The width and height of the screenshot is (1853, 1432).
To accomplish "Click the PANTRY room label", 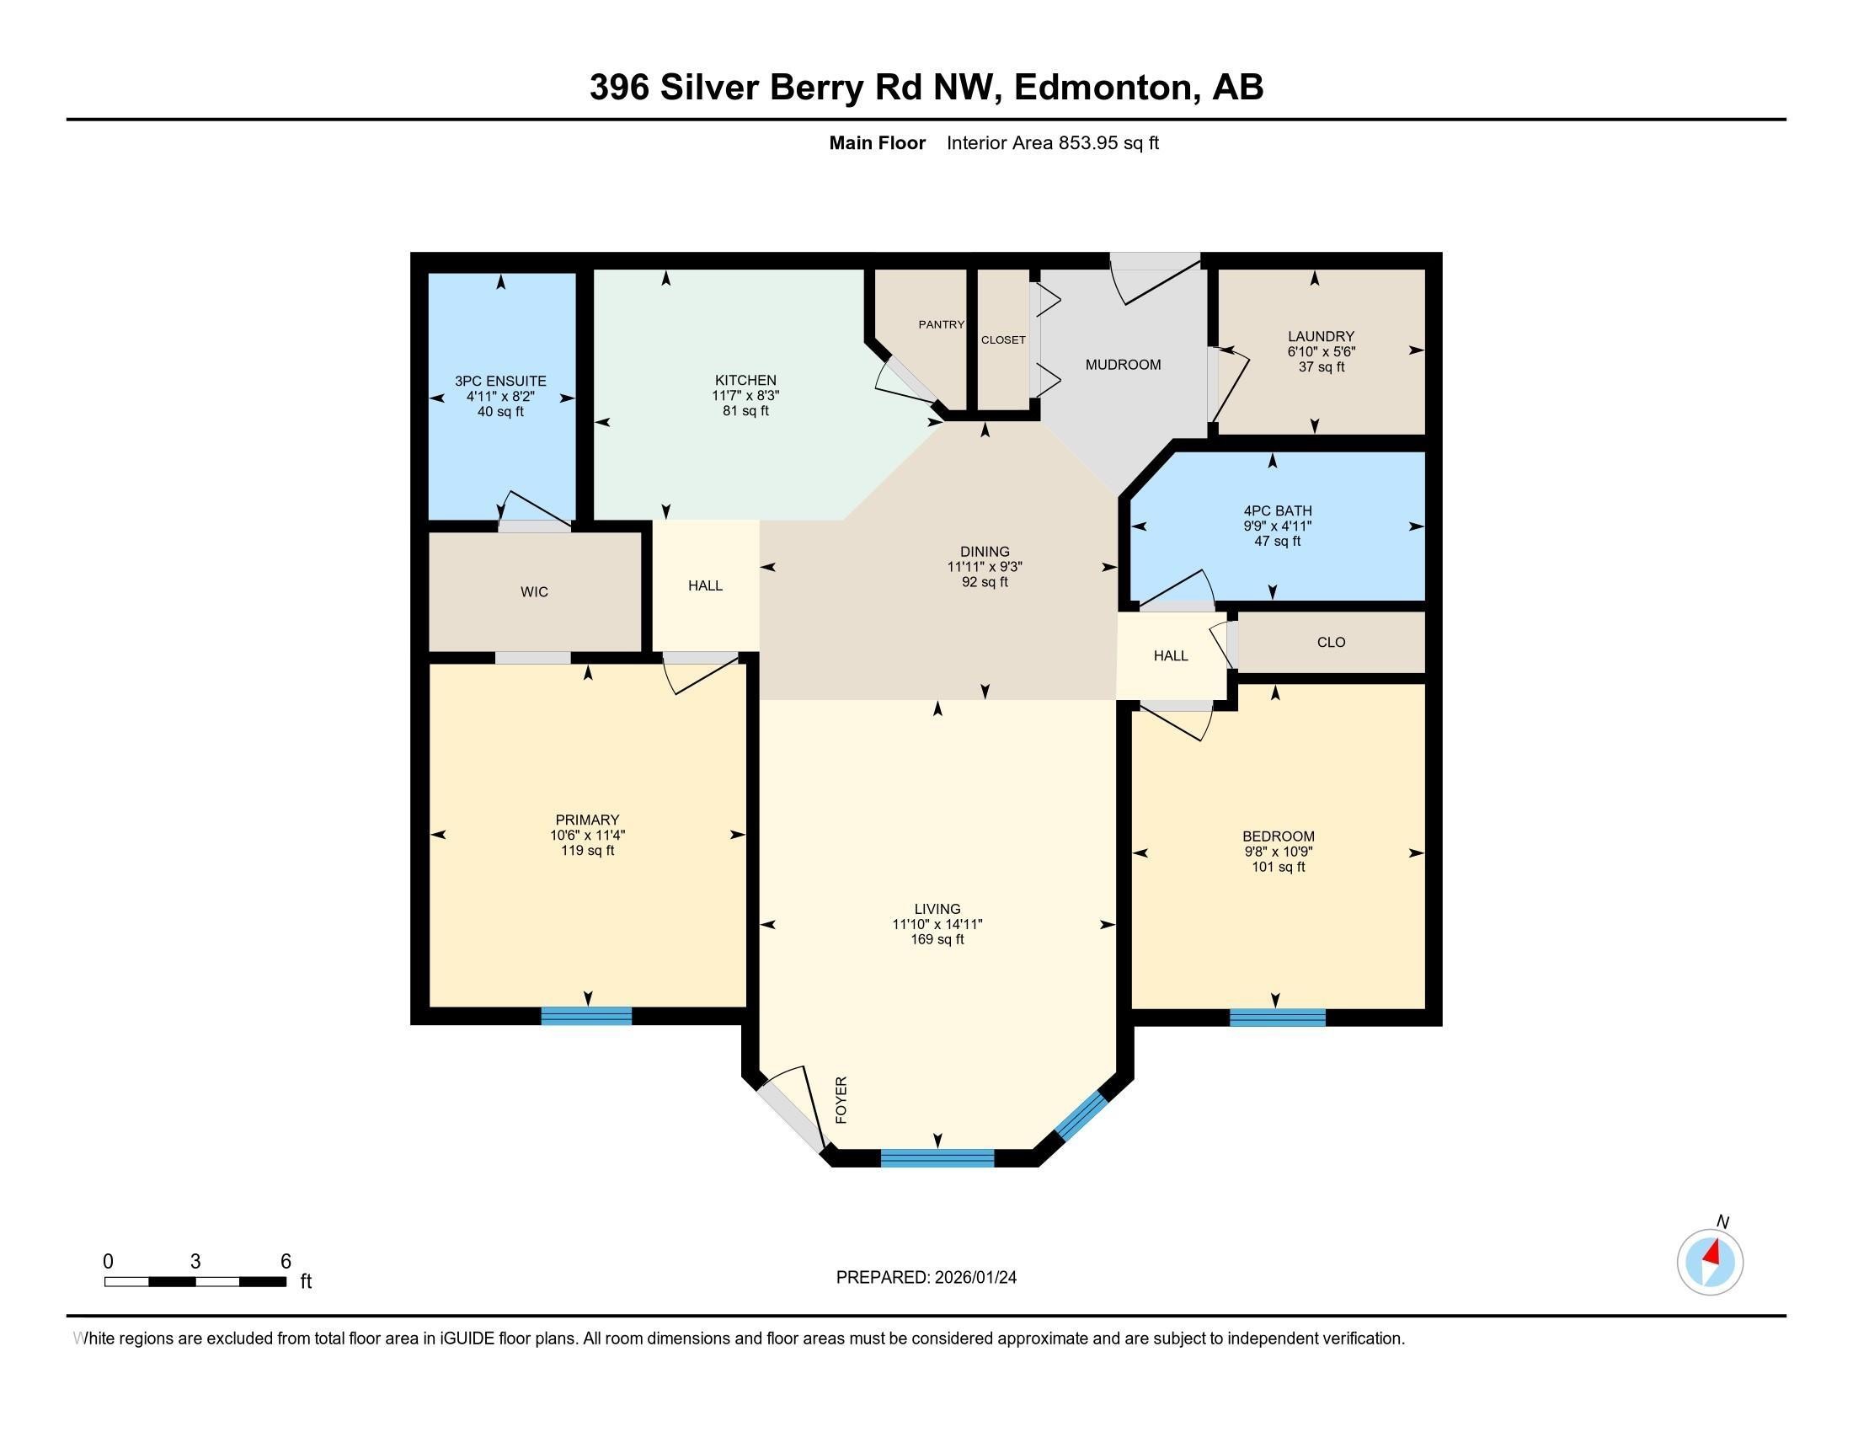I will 941,324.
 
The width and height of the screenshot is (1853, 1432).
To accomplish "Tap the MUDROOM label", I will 1123,365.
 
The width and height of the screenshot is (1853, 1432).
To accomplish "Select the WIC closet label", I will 534,592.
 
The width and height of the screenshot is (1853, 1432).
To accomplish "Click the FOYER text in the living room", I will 841,1099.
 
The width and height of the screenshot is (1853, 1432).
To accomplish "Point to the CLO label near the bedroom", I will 1330,642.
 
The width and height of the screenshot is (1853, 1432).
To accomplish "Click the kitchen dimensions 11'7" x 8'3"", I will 745,395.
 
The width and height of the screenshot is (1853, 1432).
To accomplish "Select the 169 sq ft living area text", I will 937,939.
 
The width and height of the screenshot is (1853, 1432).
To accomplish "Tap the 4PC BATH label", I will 1277,510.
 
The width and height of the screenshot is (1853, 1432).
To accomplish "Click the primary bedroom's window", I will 586,1016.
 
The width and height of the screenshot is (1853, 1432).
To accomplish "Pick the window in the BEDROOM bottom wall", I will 1277,1018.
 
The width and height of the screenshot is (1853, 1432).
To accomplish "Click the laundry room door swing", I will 1231,386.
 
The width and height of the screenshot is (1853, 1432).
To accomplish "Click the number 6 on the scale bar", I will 286,1261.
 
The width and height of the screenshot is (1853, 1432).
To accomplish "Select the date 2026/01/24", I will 974,1278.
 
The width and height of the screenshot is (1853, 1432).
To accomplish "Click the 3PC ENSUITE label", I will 500,381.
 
